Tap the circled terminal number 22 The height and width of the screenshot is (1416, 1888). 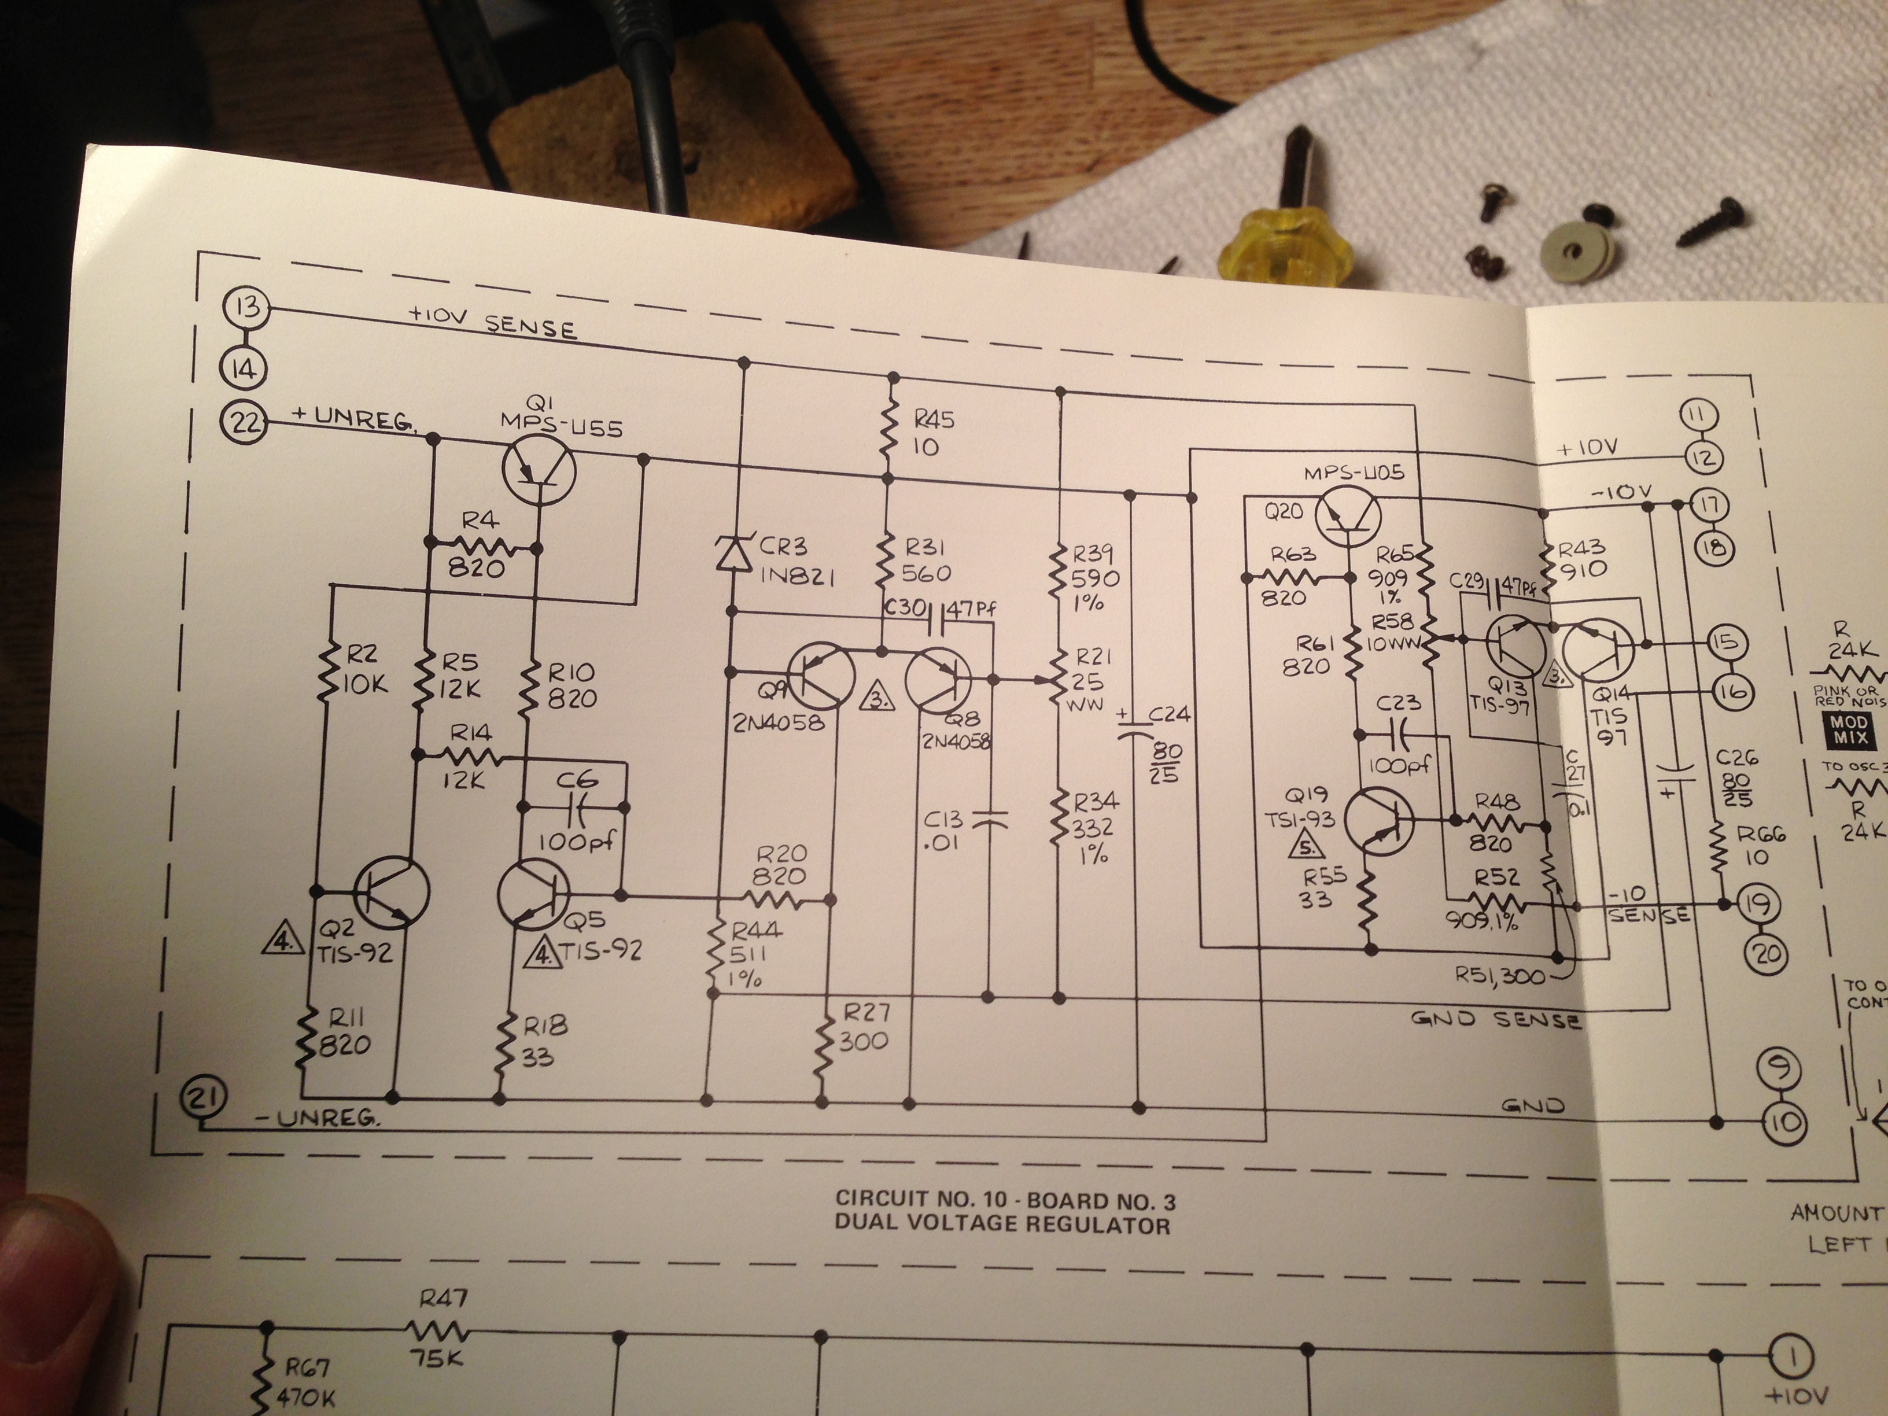pos(244,422)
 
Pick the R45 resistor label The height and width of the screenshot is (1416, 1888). pos(934,420)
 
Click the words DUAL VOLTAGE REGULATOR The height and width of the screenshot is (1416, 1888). pos(1002,1226)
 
